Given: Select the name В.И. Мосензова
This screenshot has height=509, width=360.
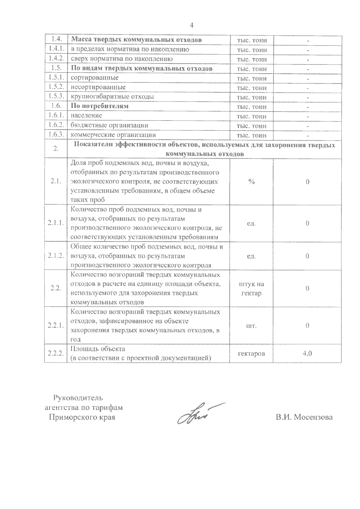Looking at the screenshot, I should coord(304,417).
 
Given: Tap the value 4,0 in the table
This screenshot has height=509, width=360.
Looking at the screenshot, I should coord(307,353).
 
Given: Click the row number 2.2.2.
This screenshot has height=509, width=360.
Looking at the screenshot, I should coord(56,353).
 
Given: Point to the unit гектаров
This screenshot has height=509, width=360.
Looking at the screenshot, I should coord(251,353).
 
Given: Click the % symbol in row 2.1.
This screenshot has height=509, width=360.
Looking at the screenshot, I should coord(251,182).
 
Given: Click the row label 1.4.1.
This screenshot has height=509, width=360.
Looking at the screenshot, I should coord(56,49).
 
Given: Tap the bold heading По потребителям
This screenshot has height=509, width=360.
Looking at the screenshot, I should coord(100,106).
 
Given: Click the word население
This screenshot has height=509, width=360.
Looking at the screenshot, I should coord(86,115).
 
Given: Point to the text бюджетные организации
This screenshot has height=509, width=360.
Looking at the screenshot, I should coord(109,125).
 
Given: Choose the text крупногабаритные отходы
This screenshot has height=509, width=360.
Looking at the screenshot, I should coord(112,97).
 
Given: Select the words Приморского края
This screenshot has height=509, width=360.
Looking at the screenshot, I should coord(82,417).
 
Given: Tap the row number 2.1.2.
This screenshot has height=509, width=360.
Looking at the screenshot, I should coord(56,256).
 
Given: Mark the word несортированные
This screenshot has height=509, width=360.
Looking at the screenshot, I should coord(98,87).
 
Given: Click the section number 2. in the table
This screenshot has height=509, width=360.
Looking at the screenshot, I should coord(56,149).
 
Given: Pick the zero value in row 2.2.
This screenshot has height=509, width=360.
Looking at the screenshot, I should coord(307,288).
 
